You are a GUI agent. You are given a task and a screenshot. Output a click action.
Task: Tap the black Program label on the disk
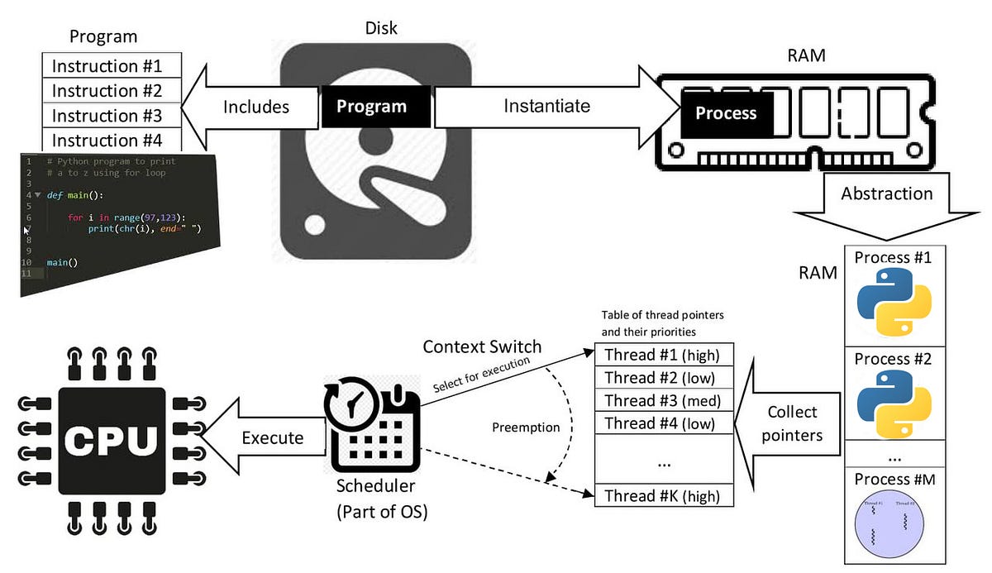click(371, 107)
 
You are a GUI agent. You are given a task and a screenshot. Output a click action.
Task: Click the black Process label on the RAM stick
click(726, 113)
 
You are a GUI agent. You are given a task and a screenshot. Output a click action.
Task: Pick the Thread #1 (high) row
click(664, 356)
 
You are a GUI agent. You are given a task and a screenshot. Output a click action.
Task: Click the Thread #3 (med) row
click(664, 401)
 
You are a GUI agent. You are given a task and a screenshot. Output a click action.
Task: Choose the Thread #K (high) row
click(664, 496)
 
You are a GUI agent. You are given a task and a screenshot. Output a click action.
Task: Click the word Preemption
click(526, 427)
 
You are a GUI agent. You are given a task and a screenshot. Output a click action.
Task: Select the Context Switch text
click(483, 346)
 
